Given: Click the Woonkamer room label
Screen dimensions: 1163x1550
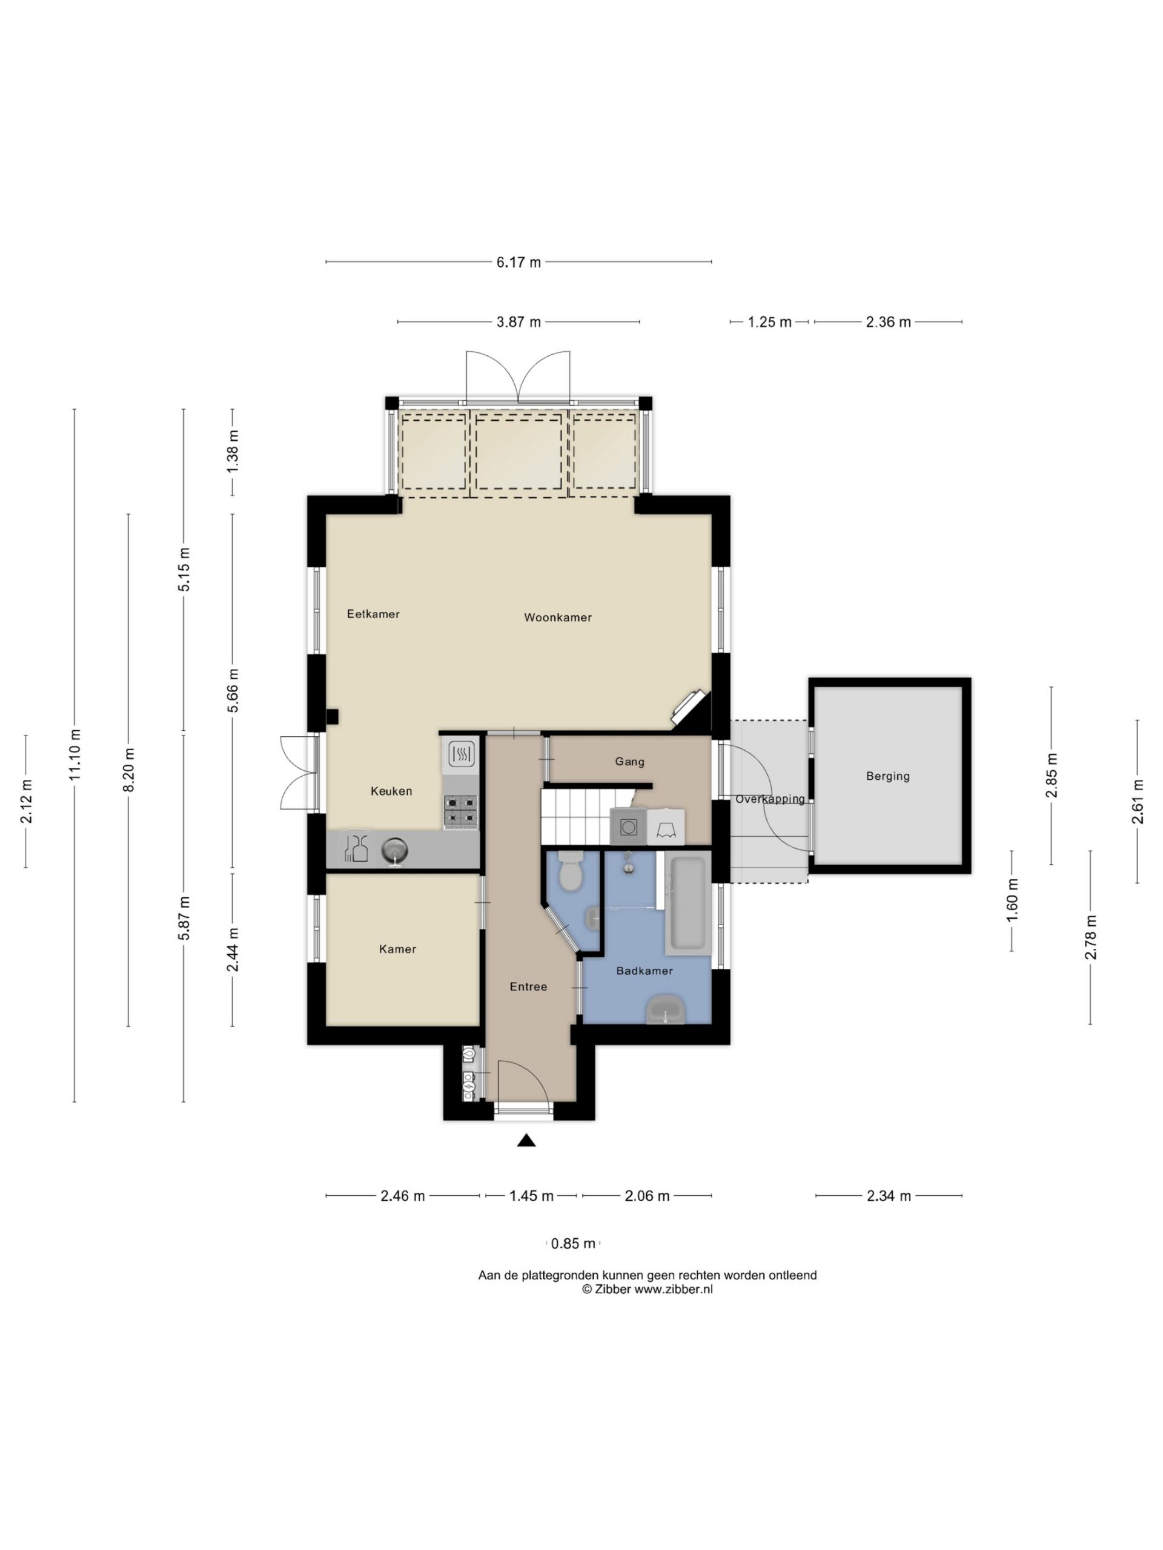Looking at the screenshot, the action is tap(557, 618).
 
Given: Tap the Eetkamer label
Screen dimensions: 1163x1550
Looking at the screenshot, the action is tap(373, 614).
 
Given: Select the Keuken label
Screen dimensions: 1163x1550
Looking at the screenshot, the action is tap(391, 791).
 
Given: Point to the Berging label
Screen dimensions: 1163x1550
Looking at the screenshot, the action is tap(887, 776).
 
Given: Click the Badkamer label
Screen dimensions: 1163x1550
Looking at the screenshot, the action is tap(644, 971).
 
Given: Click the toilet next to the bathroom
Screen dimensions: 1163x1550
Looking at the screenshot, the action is tap(571, 872).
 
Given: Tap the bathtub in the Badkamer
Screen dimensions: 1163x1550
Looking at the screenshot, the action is tap(688, 905).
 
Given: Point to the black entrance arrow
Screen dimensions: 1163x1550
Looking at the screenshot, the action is tap(526, 1141).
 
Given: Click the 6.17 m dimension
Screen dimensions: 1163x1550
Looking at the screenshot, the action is tap(519, 262).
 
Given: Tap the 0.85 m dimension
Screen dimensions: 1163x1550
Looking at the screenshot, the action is tap(573, 1244).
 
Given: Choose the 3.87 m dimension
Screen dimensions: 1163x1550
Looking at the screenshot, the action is tap(519, 322).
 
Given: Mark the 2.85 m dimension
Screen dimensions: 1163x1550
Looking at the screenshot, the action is tap(1051, 776).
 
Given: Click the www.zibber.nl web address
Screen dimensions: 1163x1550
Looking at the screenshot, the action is tap(673, 1288).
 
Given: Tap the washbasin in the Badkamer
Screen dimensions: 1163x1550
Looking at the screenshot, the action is tap(665, 1009).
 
